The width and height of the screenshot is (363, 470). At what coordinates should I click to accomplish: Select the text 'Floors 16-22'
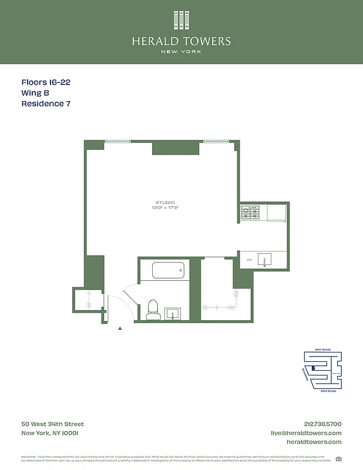coord(46,83)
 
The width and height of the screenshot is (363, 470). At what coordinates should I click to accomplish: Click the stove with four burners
coord(250,212)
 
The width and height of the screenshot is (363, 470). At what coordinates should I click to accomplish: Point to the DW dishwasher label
coord(249,259)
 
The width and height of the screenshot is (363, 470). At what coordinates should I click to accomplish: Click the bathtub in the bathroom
coord(169,271)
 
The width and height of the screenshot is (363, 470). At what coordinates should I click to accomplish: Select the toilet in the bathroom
coord(153,310)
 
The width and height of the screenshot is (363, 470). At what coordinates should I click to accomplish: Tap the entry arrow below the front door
coord(120,328)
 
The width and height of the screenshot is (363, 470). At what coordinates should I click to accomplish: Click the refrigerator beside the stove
coord(275,212)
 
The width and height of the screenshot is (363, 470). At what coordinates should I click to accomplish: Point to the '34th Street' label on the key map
coord(322,350)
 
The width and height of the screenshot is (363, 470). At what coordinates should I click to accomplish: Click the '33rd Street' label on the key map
coord(328,391)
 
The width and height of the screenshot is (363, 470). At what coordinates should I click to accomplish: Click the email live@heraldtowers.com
coord(305,433)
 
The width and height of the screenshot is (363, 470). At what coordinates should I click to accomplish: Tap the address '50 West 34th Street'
coord(53,424)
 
